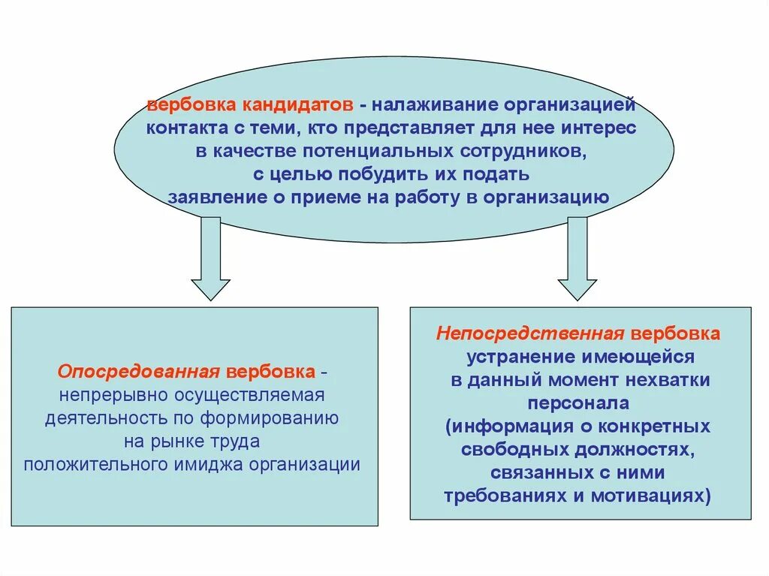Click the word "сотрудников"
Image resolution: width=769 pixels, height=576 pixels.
(x=523, y=151)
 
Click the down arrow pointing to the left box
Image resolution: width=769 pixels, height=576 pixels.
(x=210, y=258)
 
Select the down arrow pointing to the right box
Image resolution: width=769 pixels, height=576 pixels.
(x=577, y=258)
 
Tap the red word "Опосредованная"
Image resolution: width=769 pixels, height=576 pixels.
(x=138, y=372)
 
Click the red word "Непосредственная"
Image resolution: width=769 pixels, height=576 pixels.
(x=531, y=333)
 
